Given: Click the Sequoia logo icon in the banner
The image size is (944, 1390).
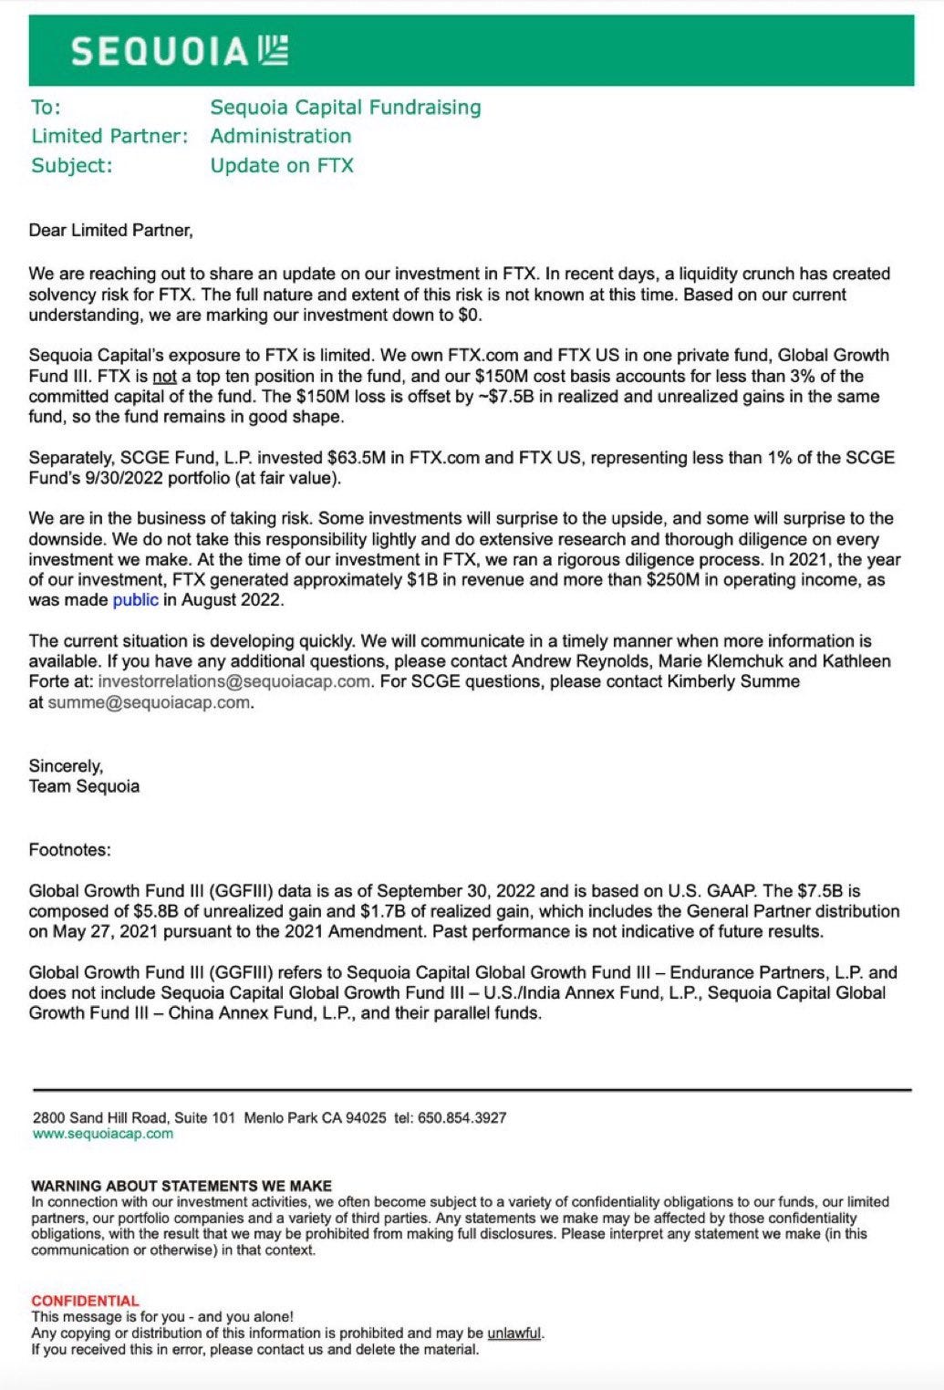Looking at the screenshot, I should (x=273, y=50).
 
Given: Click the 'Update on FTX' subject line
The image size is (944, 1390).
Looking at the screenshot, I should (x=282, y=166).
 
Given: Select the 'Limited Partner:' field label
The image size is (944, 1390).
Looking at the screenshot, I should (x=109, y=137).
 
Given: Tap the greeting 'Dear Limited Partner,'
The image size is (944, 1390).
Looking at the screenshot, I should (x=110, y=231).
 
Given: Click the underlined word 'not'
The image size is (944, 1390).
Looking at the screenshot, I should (x=164, y=377).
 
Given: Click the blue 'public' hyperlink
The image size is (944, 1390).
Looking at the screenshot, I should (x=135, y=600).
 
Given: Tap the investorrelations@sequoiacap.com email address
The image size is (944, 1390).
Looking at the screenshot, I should (x=234, y=681).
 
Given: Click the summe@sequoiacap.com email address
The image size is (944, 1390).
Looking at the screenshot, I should (x=149, y=702).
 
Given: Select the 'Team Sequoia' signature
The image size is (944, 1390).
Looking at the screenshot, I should (x=84, y=786).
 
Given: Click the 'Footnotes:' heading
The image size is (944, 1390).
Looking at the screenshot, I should (x=69, y=850).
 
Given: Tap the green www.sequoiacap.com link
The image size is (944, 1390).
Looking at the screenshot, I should (x=102, y=1134).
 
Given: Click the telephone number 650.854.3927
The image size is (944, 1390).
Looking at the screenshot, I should (x=462, y=1118).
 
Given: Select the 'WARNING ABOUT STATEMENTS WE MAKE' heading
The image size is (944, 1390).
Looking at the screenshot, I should (x=182, y=1186).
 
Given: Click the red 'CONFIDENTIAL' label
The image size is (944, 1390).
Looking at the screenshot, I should (x=85, y=1301).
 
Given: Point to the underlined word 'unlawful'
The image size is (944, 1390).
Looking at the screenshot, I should (x=514, y=1333).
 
